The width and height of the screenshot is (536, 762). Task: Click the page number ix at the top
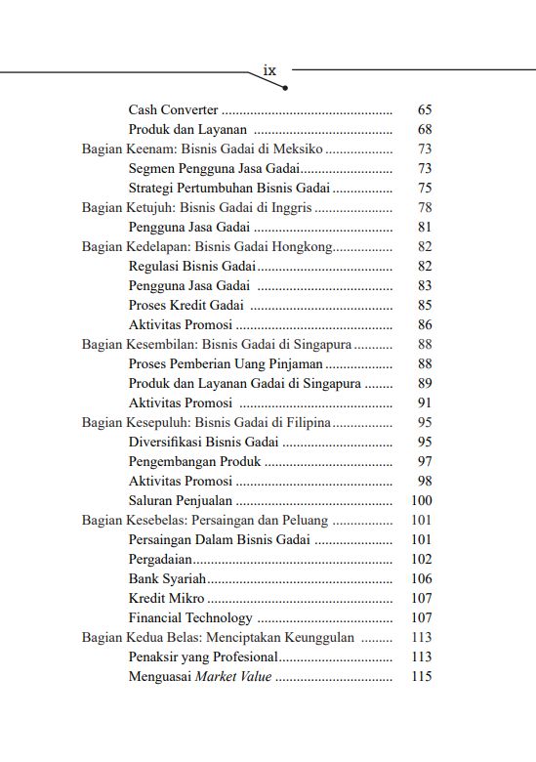[270, 70]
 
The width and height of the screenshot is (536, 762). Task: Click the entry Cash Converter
[173, 110]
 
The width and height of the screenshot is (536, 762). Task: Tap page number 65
[424, 110]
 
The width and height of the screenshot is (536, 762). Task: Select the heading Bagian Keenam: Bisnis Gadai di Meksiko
[202, 149]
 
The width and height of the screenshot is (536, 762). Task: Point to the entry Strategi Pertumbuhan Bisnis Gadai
[229, 188]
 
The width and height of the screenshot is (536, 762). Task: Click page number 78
[424, 207]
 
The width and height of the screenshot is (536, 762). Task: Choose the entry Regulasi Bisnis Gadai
[192, 266]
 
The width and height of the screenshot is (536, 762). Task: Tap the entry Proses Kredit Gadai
[186, 305]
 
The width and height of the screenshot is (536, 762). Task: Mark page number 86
[424, 324]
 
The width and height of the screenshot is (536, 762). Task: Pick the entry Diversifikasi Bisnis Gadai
[203, 442]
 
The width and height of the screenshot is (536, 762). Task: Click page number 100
[421, 500]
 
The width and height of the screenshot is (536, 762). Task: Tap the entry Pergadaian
[160, 559]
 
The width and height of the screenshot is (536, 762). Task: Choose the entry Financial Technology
[190, 617]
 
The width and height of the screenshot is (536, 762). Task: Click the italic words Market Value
[234, 676]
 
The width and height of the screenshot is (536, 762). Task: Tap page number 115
[421, 676]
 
